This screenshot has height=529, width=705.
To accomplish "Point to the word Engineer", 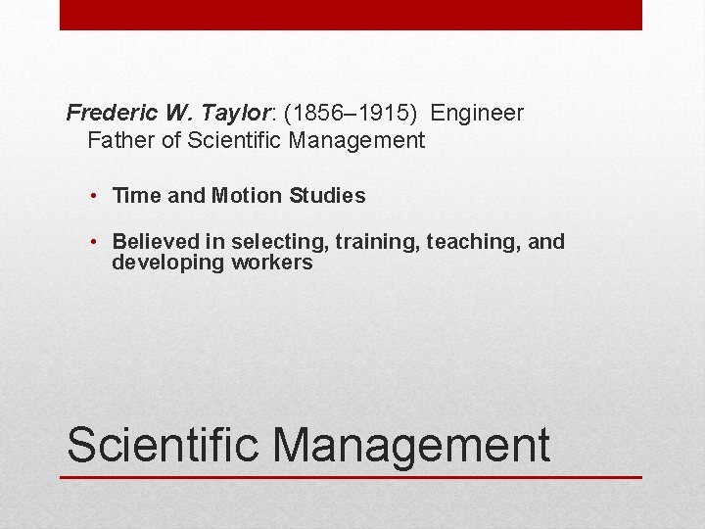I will (477, 114).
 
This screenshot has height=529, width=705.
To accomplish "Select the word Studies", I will (327, 196).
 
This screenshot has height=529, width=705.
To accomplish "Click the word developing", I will (168, 264).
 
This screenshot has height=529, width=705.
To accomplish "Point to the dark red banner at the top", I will (351, 15).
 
